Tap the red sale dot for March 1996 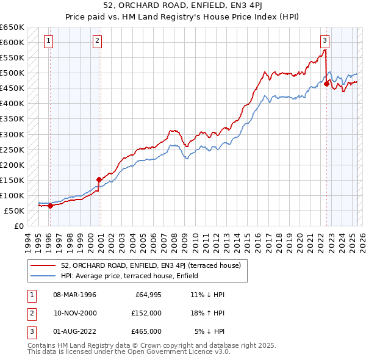50,206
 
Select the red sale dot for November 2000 98,179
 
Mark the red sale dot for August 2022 326,84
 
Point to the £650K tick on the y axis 12,27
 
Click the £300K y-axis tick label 12,134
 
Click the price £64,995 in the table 147,295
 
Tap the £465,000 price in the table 147,331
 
